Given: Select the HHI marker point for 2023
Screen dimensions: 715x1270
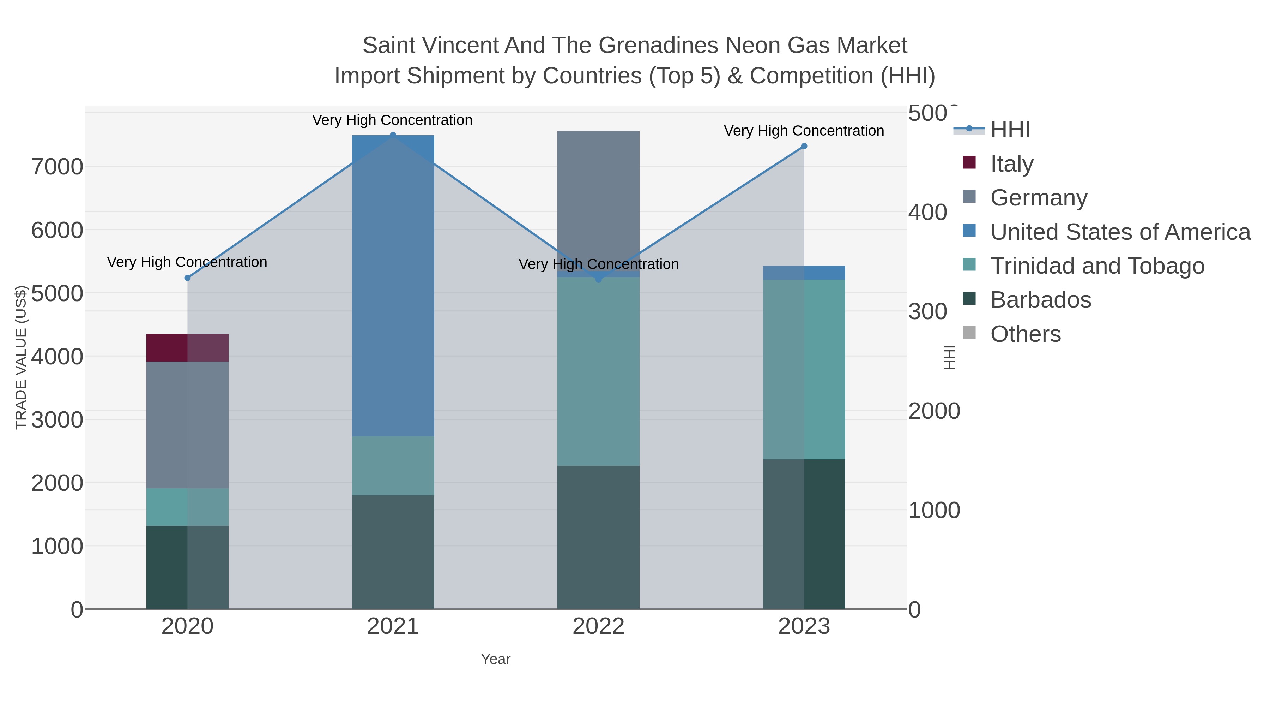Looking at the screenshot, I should tap(804, 146).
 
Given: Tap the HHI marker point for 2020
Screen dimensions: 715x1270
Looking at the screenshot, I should tap(187, 278).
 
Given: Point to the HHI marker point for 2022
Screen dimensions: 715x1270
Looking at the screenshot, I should tap(599, 280).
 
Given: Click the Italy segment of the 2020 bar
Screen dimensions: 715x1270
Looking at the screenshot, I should tap(187, 348).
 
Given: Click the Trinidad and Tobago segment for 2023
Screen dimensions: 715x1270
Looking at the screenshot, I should tap(804, 370).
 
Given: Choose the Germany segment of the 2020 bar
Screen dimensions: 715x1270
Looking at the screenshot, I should tap(187, 425).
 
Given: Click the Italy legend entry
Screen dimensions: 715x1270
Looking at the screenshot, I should tap(1012, 164).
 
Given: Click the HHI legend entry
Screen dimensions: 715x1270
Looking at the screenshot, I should tap(1010, 130).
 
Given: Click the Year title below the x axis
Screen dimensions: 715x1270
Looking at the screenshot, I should tap(496, 659).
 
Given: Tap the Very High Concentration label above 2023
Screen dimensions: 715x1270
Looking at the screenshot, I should tap(804, 131).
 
